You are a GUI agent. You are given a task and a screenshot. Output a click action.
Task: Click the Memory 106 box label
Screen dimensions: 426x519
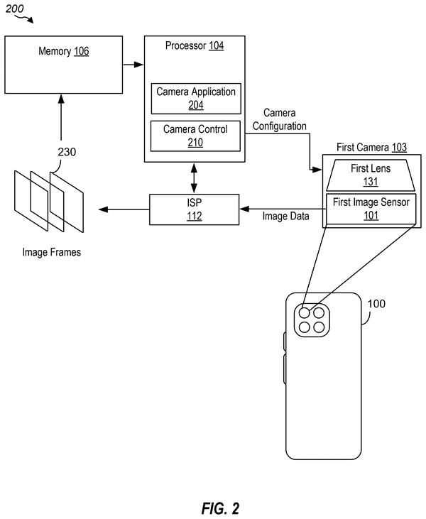pos(64,51)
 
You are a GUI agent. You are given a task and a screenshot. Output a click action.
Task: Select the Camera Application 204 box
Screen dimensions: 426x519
pos(196,99)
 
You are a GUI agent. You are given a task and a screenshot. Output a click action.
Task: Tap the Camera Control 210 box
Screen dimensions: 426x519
pos(195,136)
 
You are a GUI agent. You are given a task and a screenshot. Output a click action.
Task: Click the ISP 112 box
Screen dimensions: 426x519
pos(194,209)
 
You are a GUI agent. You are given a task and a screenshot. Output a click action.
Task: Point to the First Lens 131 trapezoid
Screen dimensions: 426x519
pos(371,175)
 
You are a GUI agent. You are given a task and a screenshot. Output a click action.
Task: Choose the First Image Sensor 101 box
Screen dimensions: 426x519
pos(371,209)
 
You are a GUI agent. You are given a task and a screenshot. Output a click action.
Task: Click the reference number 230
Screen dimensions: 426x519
pos(67,152)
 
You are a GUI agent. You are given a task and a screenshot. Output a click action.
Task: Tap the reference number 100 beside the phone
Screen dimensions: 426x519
pos(376,304)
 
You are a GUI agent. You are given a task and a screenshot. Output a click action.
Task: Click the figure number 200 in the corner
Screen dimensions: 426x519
pos(15,9)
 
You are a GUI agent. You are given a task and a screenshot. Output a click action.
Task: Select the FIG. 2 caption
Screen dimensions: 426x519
pos(220,508)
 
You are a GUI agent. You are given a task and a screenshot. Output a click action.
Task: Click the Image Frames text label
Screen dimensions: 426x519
pos(52,252)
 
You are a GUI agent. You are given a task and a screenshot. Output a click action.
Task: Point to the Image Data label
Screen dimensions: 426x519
pos(285,216)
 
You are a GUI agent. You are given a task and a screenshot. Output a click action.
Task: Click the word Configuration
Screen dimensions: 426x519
pos(280,126)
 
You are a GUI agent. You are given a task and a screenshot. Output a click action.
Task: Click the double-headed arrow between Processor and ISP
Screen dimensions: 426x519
pos(194,178)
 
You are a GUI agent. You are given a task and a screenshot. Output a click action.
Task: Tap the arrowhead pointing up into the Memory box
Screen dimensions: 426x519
pos(61,99)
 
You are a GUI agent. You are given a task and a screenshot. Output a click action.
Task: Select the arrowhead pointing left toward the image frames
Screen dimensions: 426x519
pos(104,209)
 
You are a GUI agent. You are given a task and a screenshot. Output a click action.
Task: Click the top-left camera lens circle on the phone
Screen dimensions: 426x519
pos(305,313)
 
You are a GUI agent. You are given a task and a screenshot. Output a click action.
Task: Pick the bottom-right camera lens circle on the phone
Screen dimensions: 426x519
pos(319,327)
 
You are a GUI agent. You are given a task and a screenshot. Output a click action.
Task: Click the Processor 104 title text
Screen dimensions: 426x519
pos(195,45)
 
